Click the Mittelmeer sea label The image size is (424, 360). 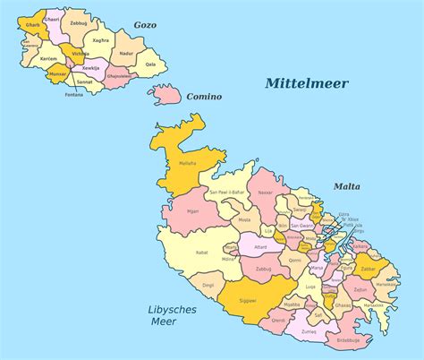(306, 83)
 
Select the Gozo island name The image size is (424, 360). (144, 25)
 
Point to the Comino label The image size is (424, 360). (204, 96)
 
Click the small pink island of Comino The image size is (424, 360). (166, 92)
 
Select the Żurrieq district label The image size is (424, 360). (309, 330)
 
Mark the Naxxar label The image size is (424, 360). (265, 192)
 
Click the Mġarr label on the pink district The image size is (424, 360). (192, 212)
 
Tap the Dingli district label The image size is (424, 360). (208, 285)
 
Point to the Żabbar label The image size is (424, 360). (368, 268)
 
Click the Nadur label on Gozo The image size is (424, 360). (126, 54)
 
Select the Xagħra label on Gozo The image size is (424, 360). (101, 40)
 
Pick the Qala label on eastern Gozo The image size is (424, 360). (150, 64)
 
